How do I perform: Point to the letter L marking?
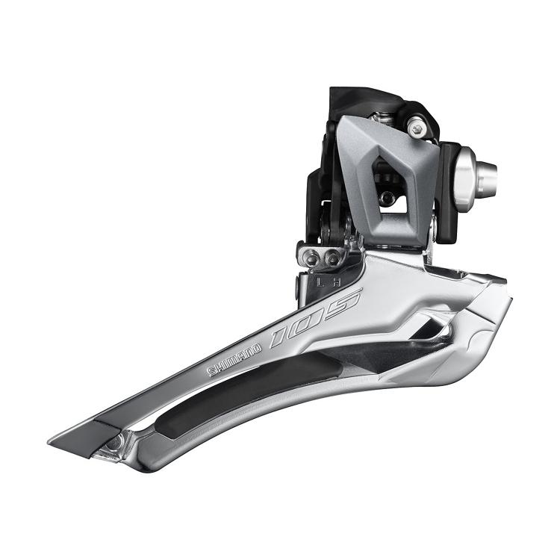pos(319,284)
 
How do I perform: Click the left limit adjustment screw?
pos(311,258)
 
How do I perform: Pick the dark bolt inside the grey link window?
pos(386,199)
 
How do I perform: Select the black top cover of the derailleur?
pos(373,101)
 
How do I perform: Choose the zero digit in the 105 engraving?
pos(314,318)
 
